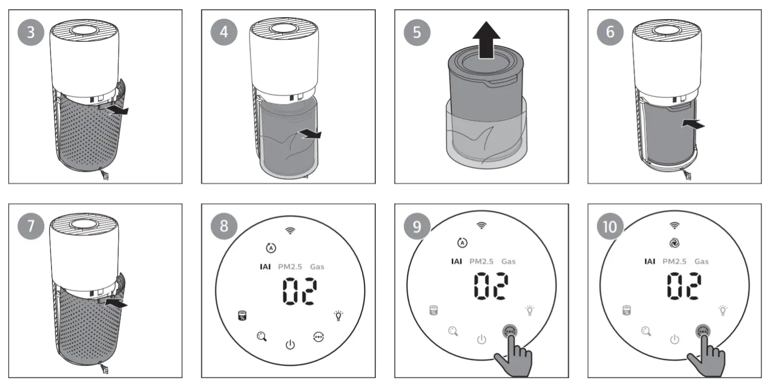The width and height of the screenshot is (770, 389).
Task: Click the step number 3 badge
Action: [x=31, y=32]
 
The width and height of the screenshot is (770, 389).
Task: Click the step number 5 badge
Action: [x=417, y=32]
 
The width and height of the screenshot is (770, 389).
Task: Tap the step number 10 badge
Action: [x=609, y=226]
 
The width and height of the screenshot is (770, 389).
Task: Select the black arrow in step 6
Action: [x=693, y=125]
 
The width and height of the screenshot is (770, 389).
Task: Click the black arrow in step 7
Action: [x=116, y=305]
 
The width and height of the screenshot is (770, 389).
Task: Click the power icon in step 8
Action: [x=290, y=344]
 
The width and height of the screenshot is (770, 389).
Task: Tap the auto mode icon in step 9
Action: [x=462, y=242]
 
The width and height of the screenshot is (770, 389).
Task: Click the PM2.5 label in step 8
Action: [x=290, y=267]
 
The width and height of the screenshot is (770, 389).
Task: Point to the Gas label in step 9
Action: [x=508, y=261]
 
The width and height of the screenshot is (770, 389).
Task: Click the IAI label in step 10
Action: [x=649, y=261]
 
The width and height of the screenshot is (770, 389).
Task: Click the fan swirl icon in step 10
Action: [x=674, y=242]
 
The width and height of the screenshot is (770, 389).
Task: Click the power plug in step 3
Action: [x=105, y=175]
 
